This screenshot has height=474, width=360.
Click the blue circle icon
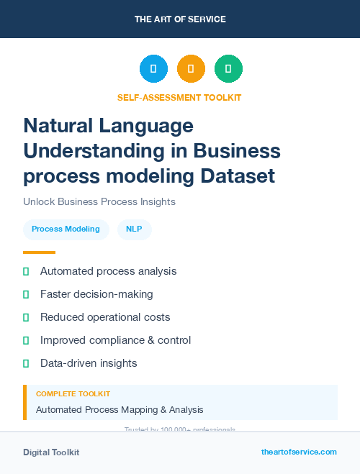(153, 69)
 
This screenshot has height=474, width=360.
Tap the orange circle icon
(191, 69)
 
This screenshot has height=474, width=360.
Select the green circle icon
(228, 69)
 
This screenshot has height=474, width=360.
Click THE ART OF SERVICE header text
(180, 19)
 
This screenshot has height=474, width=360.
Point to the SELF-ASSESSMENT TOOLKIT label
(180, 97)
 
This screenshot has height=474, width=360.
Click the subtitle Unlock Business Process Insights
(99, 201)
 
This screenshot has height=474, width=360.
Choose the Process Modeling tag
(66, 229)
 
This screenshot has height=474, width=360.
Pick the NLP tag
(134, 229)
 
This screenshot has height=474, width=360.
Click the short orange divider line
(39, 252)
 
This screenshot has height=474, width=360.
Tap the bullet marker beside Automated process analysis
(26, 272)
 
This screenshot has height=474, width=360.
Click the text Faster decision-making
(96, 294)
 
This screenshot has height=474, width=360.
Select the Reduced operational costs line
(105, 317)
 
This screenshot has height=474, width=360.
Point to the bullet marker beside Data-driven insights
(26, 363)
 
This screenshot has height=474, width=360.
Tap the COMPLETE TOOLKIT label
(73, 394)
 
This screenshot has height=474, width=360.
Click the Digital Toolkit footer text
(51, 452)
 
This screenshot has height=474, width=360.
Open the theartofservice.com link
(299, 452)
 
